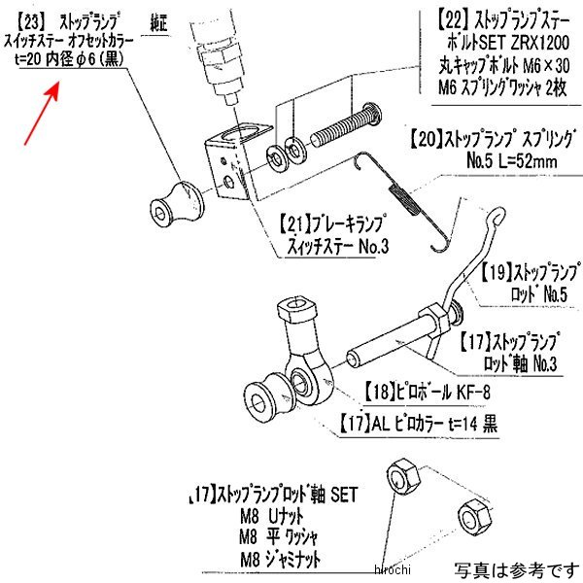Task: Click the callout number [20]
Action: pos(423,137)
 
